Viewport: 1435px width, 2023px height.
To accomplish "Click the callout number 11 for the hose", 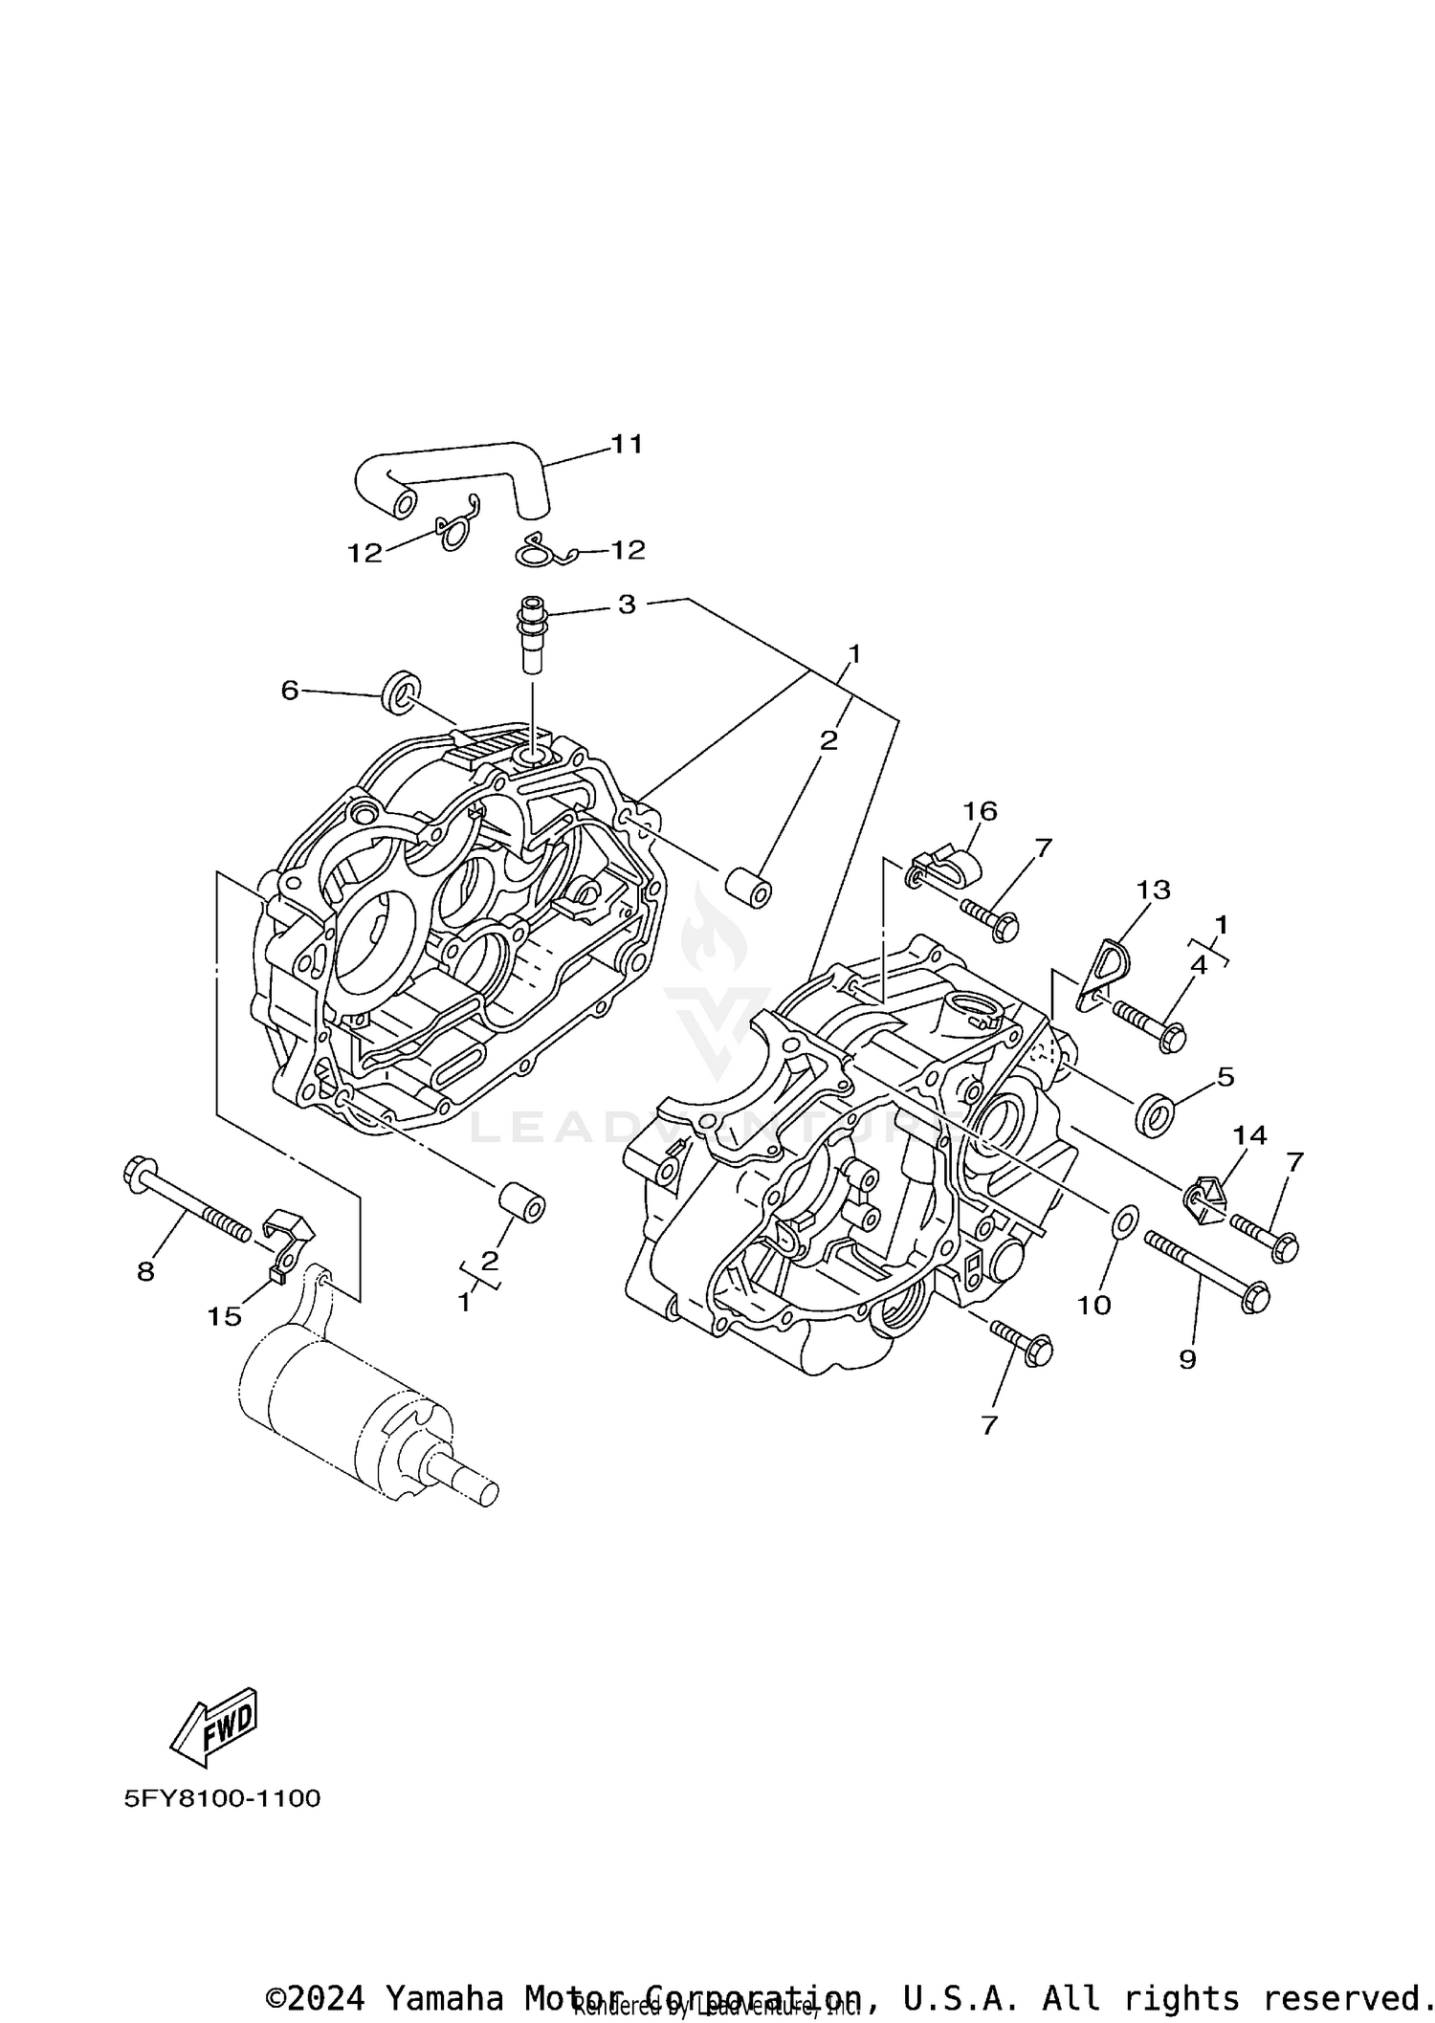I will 627,444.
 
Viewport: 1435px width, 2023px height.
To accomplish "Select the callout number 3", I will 627,605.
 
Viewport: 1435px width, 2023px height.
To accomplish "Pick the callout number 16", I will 980,811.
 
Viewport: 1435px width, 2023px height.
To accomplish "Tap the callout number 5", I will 1225,1077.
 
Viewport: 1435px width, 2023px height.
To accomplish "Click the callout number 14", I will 1249,1135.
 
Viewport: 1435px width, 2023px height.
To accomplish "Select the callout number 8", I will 145,1271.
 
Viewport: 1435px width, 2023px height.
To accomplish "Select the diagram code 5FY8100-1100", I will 222,1799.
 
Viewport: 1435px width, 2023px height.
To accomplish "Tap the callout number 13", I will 1153,890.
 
